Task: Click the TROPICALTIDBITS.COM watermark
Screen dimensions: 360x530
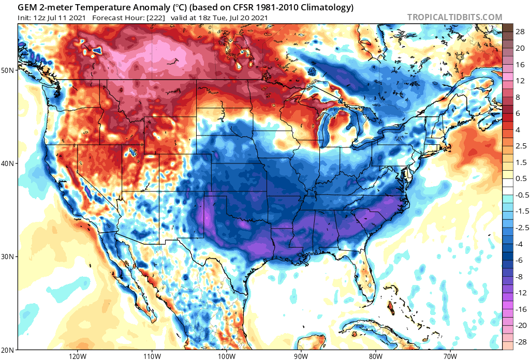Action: pos(454,17)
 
